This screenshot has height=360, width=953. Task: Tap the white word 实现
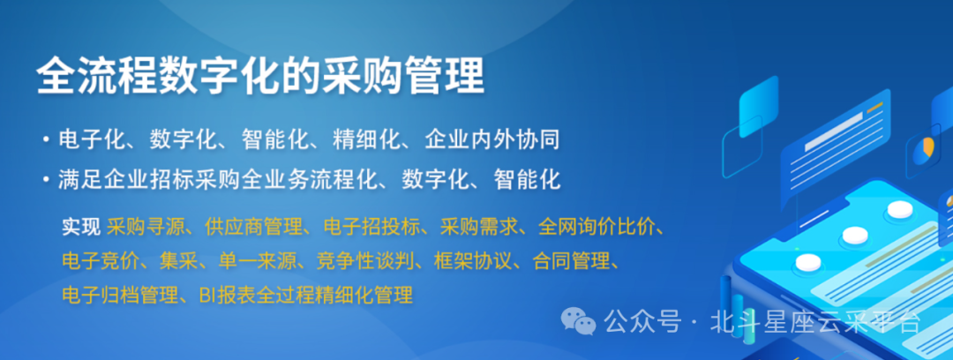(x=81, y=226)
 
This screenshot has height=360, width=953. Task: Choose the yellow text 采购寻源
(x=146, y=226)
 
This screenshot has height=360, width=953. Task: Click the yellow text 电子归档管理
(x=116, y=295)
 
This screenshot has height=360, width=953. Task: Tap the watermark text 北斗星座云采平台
(x=816, y=322)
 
